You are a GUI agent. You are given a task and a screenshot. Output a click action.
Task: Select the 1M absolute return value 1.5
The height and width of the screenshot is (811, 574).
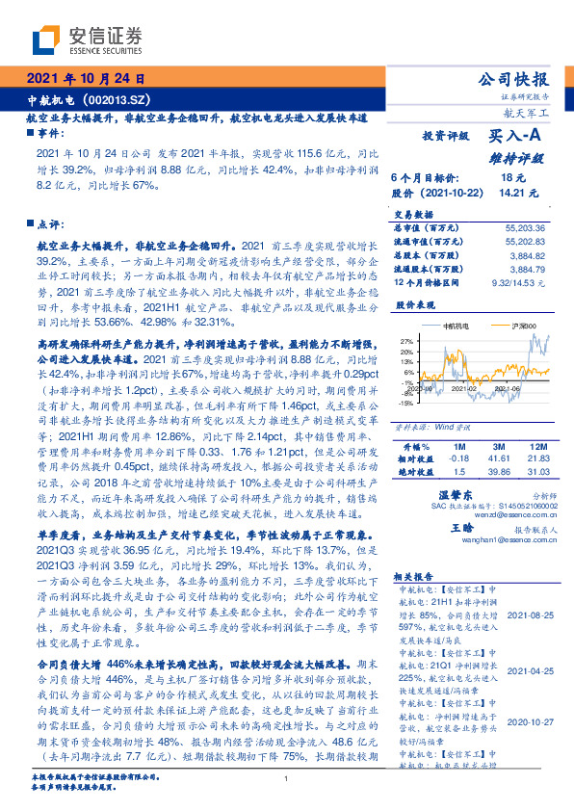click(458, 473)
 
